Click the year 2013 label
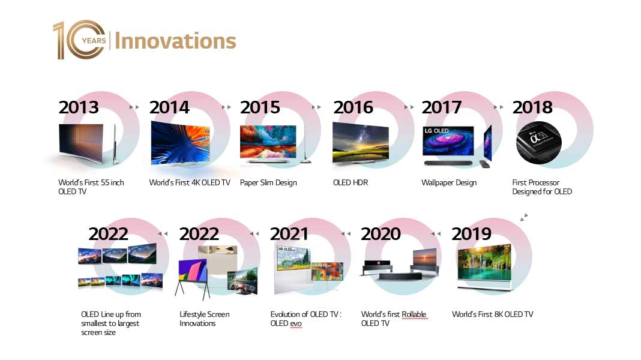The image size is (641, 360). [79, 107]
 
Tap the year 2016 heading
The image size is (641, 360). [353, 107]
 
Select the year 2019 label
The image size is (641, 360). [471, 234]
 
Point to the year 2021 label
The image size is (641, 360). [289, 234]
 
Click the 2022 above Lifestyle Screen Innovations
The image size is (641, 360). [199, 234]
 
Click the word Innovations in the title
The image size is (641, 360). [175, 41]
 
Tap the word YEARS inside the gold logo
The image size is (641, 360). [94, 40]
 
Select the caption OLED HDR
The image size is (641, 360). [351, 182]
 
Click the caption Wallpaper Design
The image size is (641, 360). [449, 182]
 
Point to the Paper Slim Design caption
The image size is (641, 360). [268, 182]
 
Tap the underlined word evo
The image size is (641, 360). [295, 323]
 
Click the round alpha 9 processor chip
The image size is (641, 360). [538, 143]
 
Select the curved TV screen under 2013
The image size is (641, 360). [81, 143]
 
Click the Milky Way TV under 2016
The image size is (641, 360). [360, 142]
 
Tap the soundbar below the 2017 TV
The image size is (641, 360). [448, 163]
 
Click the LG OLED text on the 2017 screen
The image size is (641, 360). [436, 131]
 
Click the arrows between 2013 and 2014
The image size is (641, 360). [134, 107]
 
